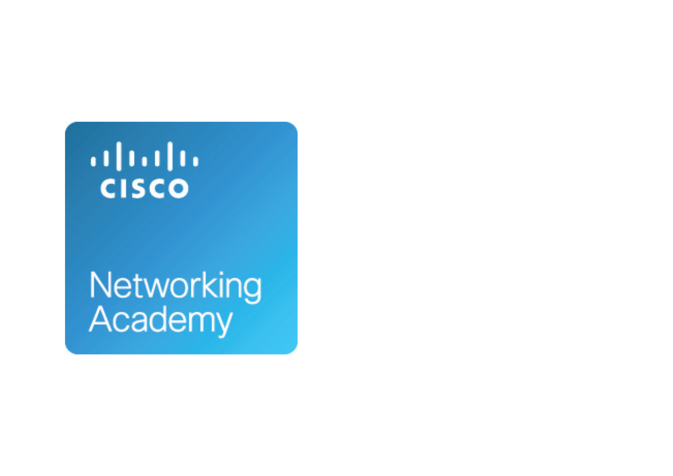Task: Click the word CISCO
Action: (144, 188)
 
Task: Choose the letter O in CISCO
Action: (178, 188)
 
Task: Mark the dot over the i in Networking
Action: (222, 273)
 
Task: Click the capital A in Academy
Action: (100, 319)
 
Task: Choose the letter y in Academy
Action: (224, 325)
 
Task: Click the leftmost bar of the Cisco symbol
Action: (93, 161)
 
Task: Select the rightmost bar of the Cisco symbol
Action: (196, 161)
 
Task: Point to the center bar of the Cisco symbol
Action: (144, 161)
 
